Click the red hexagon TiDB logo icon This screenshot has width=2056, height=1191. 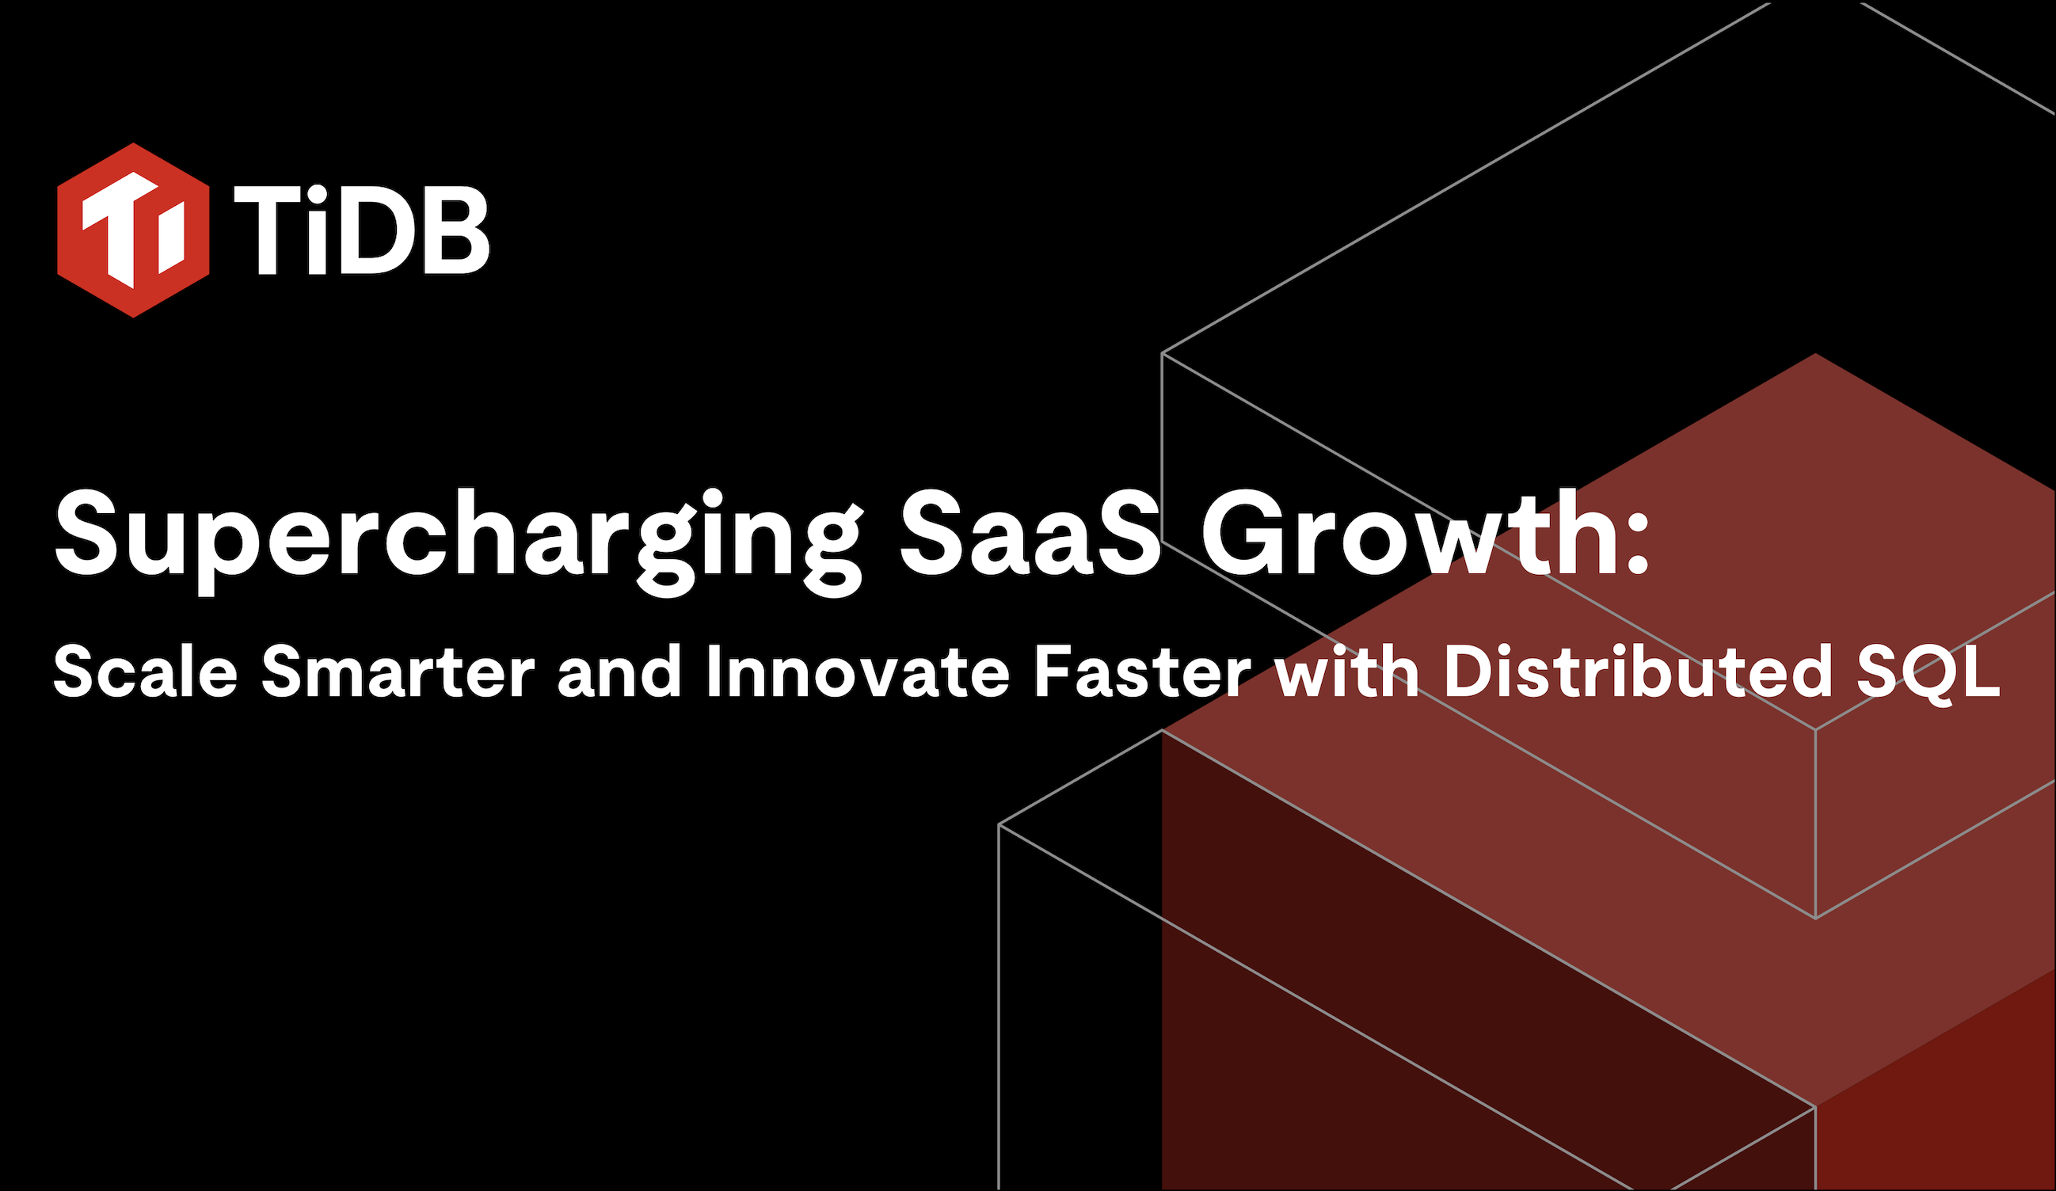click(x=133, y=230)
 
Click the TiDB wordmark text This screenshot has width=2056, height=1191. click(x=361, y=229)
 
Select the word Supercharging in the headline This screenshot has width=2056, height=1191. click(x=458, y=542)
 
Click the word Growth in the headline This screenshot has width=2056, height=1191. click(x=1407, y=534)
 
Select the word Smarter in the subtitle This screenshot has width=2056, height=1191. click(x=398, y=672)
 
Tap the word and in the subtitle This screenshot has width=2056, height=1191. click(x=619, y=672)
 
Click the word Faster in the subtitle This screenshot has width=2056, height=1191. click(x=1142, y=672)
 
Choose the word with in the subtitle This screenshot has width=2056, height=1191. click(x=1347, y=672)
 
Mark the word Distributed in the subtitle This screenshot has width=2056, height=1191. click(x=1635, y=672)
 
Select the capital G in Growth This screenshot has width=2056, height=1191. click(x=1244, y=534)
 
